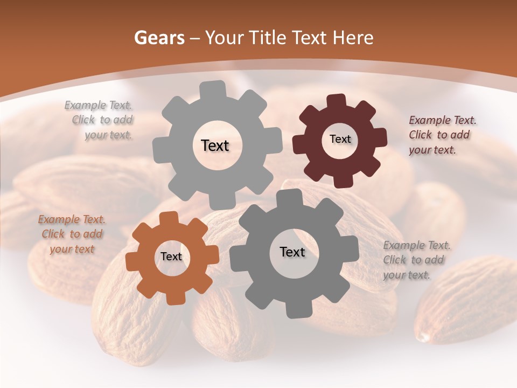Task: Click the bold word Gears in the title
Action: point(159,38)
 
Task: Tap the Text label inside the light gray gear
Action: point(215,145)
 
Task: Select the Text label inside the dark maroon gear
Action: point(340,139)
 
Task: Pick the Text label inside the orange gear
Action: point(171,257)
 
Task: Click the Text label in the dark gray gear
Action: point(292,252)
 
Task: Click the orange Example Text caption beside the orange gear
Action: point(72,234)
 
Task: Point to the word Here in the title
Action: point(353,38)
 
